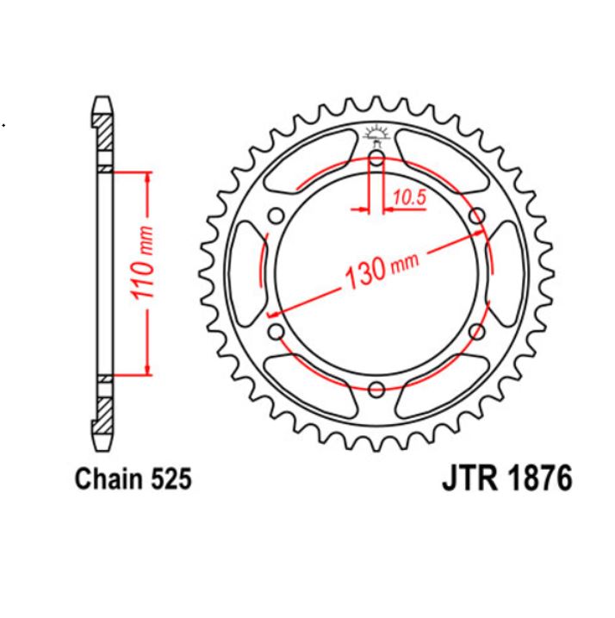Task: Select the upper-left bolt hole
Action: coord(276,215)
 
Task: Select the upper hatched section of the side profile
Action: coord(102,136)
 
